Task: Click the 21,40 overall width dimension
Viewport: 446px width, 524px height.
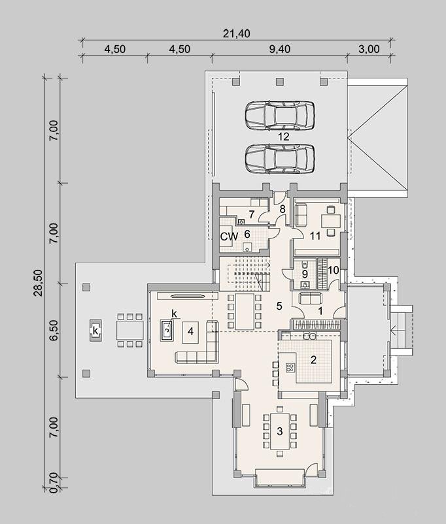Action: coord(236,33)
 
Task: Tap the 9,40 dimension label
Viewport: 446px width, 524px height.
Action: coord(279,49)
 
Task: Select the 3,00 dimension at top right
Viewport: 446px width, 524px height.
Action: coord(369,49)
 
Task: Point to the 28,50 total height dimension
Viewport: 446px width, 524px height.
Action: coord(38,283)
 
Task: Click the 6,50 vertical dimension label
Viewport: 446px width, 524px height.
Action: coord(54,331)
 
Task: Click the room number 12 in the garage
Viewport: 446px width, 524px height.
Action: coord(283,137)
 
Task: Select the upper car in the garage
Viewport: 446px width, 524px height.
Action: coord(280,115)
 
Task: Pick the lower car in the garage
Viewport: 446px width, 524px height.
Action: coord(280,159)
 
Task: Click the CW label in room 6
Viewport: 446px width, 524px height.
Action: coord(229,237)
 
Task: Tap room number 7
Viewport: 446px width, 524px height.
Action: coord(251,214)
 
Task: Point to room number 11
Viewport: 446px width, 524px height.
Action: coord(315,237)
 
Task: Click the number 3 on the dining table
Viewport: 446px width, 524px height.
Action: coord(280,431)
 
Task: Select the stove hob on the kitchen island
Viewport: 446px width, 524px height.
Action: coord(290,368)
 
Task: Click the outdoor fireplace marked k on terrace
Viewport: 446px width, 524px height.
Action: coord(95,331)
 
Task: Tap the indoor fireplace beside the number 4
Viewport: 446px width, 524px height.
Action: coord(167,331)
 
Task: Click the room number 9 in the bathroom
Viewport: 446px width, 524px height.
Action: coord(305,274)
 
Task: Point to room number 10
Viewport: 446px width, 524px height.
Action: coord(334,269)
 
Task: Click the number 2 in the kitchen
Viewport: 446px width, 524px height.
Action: coord(313,359)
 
